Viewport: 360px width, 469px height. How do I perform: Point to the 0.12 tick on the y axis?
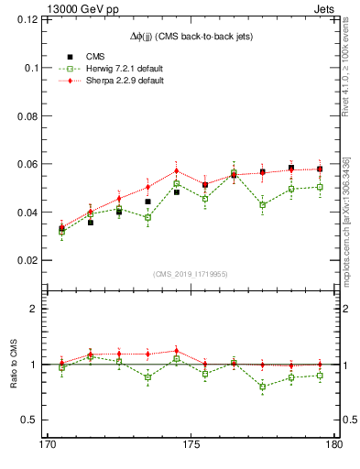coord(32,19)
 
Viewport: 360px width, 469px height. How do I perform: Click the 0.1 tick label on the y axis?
coord(36,68)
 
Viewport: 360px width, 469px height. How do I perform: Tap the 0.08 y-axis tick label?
coord(32,115)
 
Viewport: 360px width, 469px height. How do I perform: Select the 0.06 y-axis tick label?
coord(32,164)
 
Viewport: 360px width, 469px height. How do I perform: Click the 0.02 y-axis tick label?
coord(32,260)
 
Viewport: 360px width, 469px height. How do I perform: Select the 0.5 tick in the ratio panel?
coord(36,420)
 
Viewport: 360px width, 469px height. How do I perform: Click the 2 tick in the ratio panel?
coord(40,309)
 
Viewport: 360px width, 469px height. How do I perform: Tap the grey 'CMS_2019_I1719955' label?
coord(191,274)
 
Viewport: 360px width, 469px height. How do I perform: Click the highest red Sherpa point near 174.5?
coord(176,171)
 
